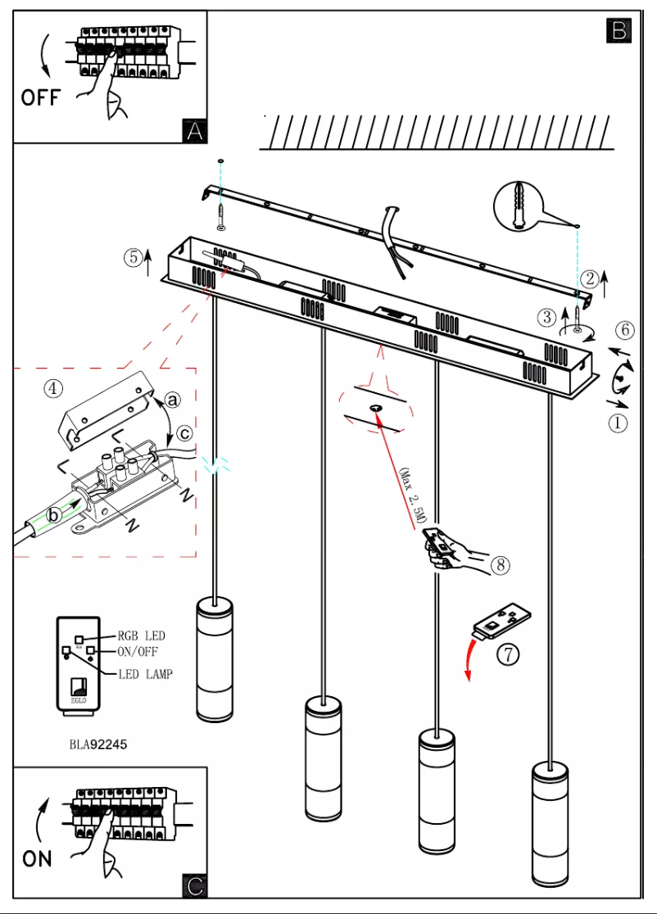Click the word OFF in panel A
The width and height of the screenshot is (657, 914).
pos(40,97)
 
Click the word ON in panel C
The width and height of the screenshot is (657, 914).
pos(37,858)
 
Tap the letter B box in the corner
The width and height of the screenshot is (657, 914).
pos(618,30)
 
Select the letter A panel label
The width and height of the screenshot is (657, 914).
pos(193,129)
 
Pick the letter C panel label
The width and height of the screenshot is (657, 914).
pos(194,885)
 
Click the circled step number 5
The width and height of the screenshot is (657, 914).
pos(134,256)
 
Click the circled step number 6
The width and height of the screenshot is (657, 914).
pos(624,331)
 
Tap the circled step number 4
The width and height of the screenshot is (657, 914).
pos(53,389)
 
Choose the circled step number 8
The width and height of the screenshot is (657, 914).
pos(501,564)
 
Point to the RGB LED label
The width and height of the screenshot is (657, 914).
pos(142,636)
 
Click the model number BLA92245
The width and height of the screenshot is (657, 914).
pos(98,744)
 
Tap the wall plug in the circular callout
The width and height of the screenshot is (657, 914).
pos(519,203)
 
